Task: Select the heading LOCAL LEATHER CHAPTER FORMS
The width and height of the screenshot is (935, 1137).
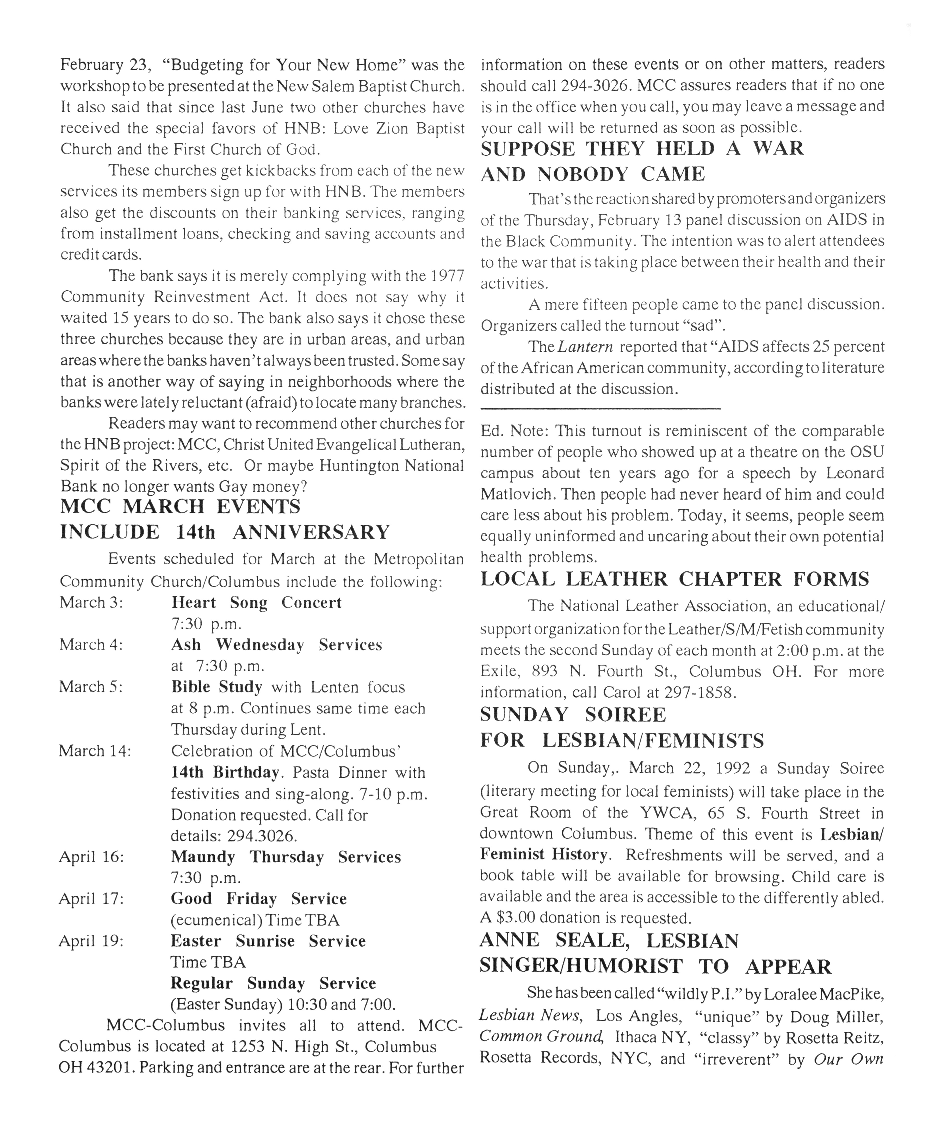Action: click(674, 579)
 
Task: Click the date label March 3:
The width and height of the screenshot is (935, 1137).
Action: click(91, 603)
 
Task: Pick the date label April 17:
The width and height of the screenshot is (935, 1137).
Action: click(91, 899)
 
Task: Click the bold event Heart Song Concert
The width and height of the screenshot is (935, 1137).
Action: click(256, 603)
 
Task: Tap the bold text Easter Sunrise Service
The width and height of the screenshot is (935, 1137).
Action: click(268, 941)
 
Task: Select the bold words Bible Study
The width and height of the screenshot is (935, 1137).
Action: click(216, 687)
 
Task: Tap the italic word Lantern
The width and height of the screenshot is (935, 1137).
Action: click(585, 347)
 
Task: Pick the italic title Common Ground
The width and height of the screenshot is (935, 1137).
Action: click(540, 1036)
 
